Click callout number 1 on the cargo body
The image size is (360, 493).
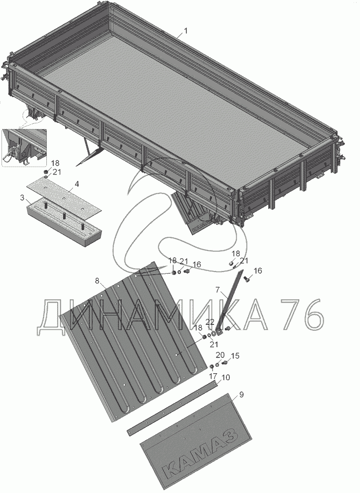coord(185,31)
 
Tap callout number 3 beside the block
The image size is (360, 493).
coord(22,198)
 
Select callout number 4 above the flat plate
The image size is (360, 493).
coord(76,184)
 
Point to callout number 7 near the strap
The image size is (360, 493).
coord(218,290)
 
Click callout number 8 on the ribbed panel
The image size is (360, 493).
coord(97,281)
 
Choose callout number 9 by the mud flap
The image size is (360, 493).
coord(241,394)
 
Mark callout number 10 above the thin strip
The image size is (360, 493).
coord(226,377)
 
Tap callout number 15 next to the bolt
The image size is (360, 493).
coord(235,355)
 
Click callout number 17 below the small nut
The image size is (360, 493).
coord(213,376)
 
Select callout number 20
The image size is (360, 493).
coord(220,354)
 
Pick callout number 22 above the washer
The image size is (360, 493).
coord(210,321)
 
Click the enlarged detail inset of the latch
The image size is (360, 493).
coord(24,147)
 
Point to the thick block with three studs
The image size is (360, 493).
coord(64,216)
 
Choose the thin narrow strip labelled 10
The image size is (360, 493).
coord(172,408)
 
